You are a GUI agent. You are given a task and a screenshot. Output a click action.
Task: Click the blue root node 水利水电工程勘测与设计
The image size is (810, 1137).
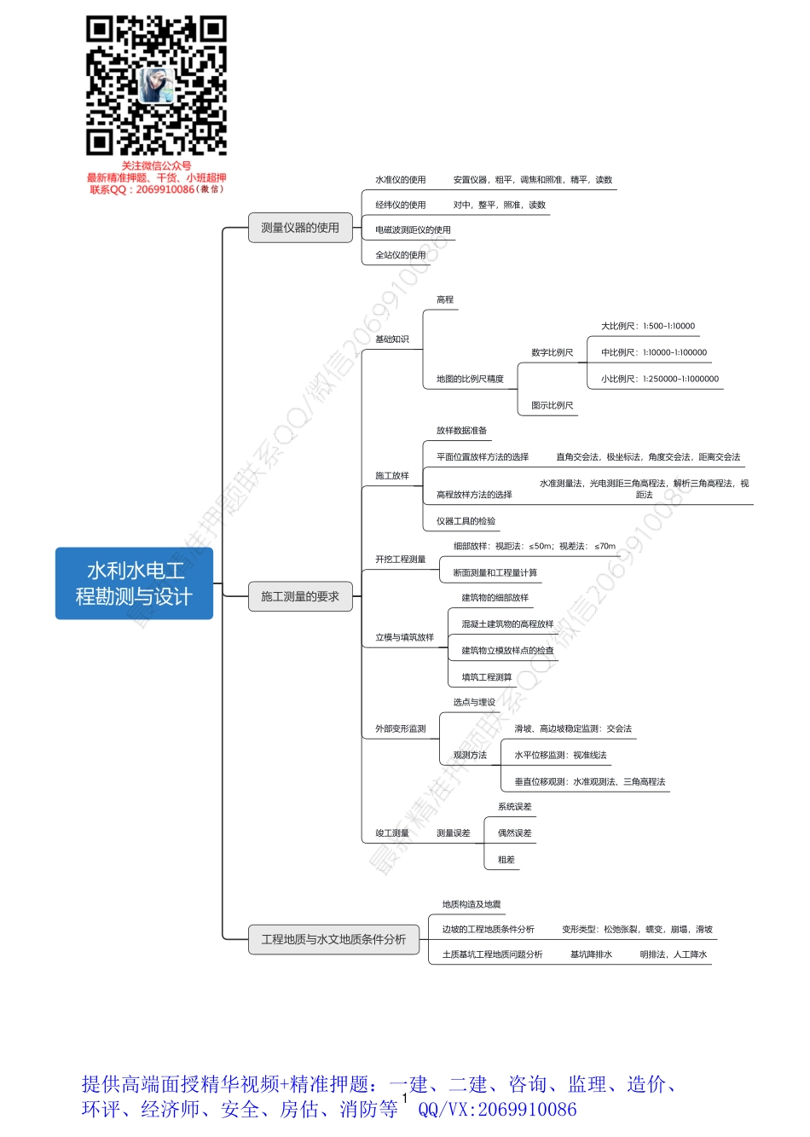tap(134, 583)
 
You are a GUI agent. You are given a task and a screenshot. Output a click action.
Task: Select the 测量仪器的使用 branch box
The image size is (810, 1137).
tap(300, 228)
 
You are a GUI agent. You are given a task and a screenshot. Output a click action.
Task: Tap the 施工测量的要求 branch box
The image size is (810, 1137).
tap(300, 596)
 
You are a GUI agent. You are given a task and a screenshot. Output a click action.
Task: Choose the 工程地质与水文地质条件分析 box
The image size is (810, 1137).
tap(333, 939)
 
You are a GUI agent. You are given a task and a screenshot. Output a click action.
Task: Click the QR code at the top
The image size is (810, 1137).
tap(156, 85)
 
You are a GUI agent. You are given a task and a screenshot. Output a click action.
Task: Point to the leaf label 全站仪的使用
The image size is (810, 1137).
tap(400, 255)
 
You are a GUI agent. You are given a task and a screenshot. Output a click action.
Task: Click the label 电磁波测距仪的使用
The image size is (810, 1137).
tap(413, 230)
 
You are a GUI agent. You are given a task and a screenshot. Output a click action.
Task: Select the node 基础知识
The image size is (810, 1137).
tap(392, 339)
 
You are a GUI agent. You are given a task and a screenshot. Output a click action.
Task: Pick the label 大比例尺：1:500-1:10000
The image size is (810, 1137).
tap(648, 326)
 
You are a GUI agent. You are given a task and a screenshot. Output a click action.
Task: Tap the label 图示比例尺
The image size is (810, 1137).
tap(552, 406)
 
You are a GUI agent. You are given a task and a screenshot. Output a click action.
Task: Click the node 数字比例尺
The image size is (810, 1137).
tap(552, 352)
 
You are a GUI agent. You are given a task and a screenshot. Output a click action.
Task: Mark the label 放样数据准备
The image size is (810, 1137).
tap(461, 431)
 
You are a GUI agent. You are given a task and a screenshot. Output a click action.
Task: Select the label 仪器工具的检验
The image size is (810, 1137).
tap(466, 521)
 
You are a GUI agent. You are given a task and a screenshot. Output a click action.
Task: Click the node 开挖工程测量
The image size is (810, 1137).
tap(400, 560)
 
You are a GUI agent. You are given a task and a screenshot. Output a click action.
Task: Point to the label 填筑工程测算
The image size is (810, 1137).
tap(487, 677)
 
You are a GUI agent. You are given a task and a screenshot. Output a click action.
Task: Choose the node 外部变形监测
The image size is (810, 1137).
tap(400, 729)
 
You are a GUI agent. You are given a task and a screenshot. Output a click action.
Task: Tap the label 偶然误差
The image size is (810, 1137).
tap(514, 833)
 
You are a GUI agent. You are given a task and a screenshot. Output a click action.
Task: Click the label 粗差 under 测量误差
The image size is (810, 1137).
tap(506, 860)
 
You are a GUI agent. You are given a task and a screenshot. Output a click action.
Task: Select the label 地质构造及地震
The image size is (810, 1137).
tap(472, 904)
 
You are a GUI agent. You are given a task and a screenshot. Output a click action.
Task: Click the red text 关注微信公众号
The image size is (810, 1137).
tap(156, 166)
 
